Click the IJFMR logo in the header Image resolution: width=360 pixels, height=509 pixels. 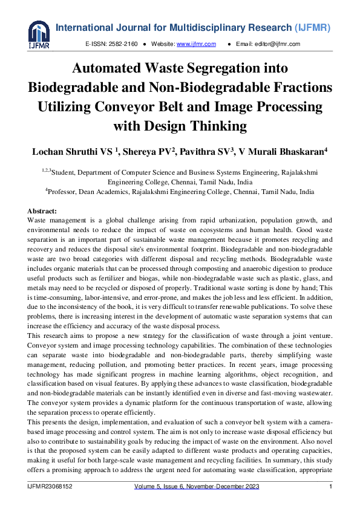pyautogui.click(x=39, y=34)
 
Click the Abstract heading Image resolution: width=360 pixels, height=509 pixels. pyautogui.click(x=42, y=211)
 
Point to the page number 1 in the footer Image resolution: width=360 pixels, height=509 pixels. pyautogui.click(x=330, y=487)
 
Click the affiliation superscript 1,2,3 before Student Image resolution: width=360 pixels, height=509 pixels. pyautogui.click(x=47, y=170)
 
